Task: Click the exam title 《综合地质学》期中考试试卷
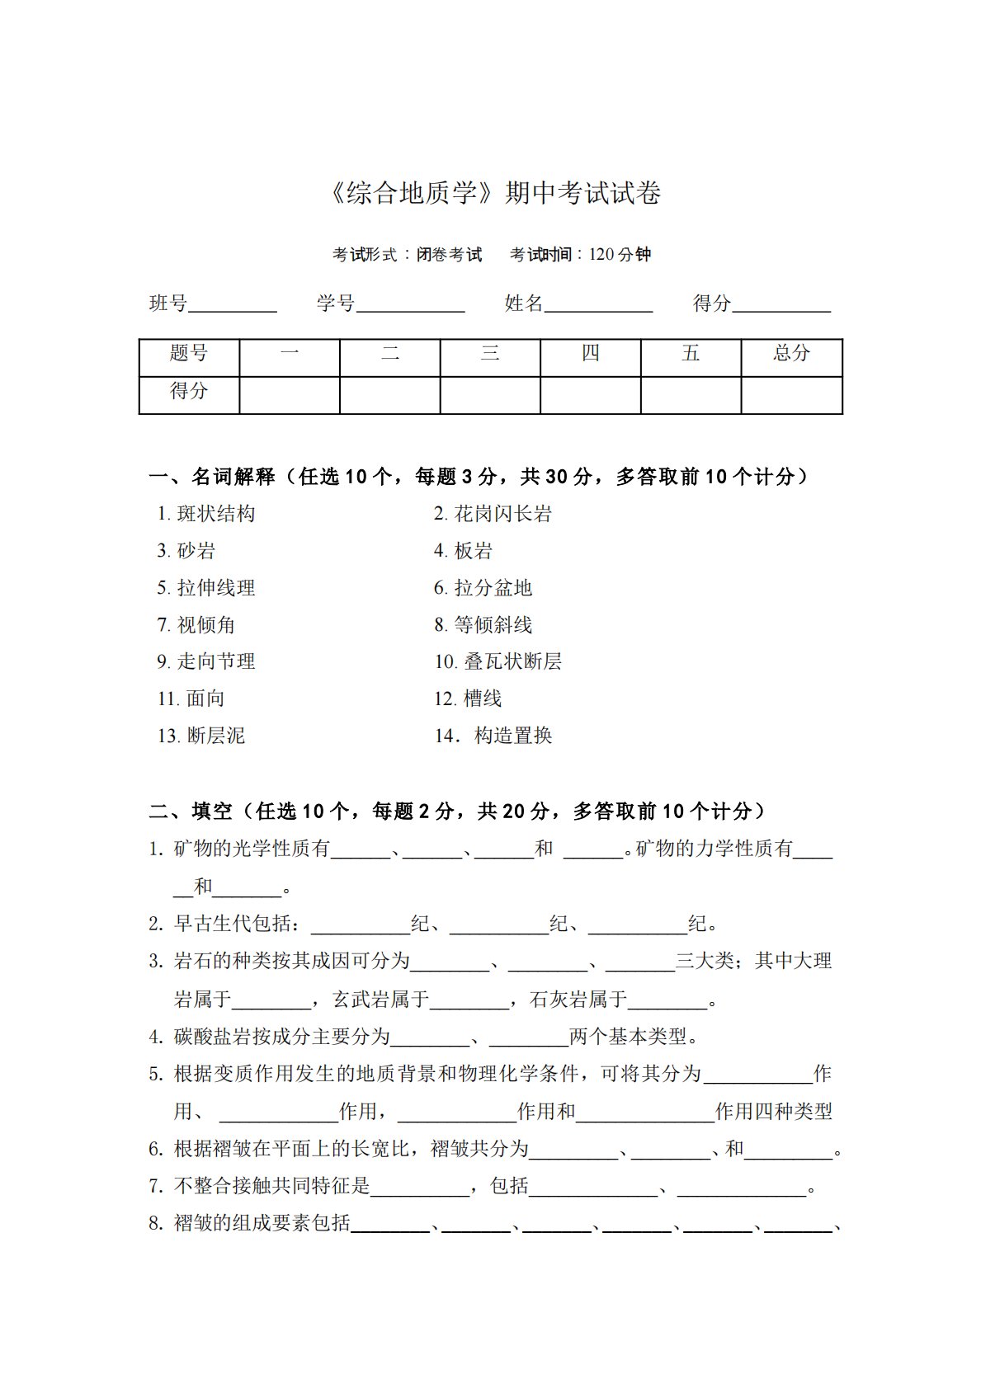click(494, 194)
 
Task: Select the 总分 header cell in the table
click(791, 354)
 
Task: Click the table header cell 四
click(590, 354)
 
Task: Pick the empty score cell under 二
click(389, 395)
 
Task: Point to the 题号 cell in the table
click(189, 354)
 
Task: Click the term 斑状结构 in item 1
click(216, 514)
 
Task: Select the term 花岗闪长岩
click(502, 514)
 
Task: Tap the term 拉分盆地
click(493, 588)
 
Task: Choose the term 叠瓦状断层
click(512, 661)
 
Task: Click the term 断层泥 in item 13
click(216, 736)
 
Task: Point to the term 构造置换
click(512, 736)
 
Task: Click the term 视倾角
click(206, 625)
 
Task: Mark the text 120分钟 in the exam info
click(620, 255)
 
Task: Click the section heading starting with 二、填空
click(457, 812)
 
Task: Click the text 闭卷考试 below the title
click(449, 255)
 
